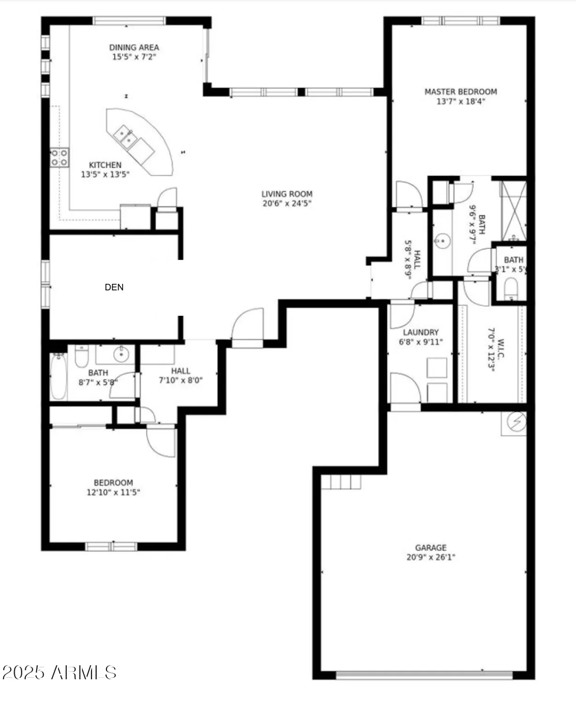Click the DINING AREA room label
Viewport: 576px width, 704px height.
click(x=134, y=47)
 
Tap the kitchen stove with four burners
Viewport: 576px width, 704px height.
click(x=60, y=158)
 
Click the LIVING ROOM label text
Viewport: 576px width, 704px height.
click(x=287, y=194)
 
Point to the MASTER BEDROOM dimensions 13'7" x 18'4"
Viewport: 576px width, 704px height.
click(x=461, y=101)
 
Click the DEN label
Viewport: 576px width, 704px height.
click(x=114, y=287)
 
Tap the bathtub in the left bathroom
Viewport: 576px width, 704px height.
click(x=59, y=376)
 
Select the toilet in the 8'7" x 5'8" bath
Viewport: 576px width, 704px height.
click(x=82, y=356)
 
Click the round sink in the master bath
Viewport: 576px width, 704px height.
click(x=442, y=242)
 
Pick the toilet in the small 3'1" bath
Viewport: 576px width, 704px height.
click(x=510, y=288)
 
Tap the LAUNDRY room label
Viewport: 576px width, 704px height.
click(x=421, y=332)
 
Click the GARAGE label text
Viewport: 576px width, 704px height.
click(x=431, y=548)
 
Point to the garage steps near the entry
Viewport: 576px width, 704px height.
click(x=341, y=482)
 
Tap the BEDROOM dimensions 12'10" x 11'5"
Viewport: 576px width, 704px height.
click(x=113, y=492)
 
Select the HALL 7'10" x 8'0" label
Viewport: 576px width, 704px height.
click(x=181, y=375)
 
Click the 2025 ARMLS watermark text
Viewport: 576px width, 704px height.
click(x=60, y=673)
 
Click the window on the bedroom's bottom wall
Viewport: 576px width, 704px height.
click(x=111, y=546)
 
